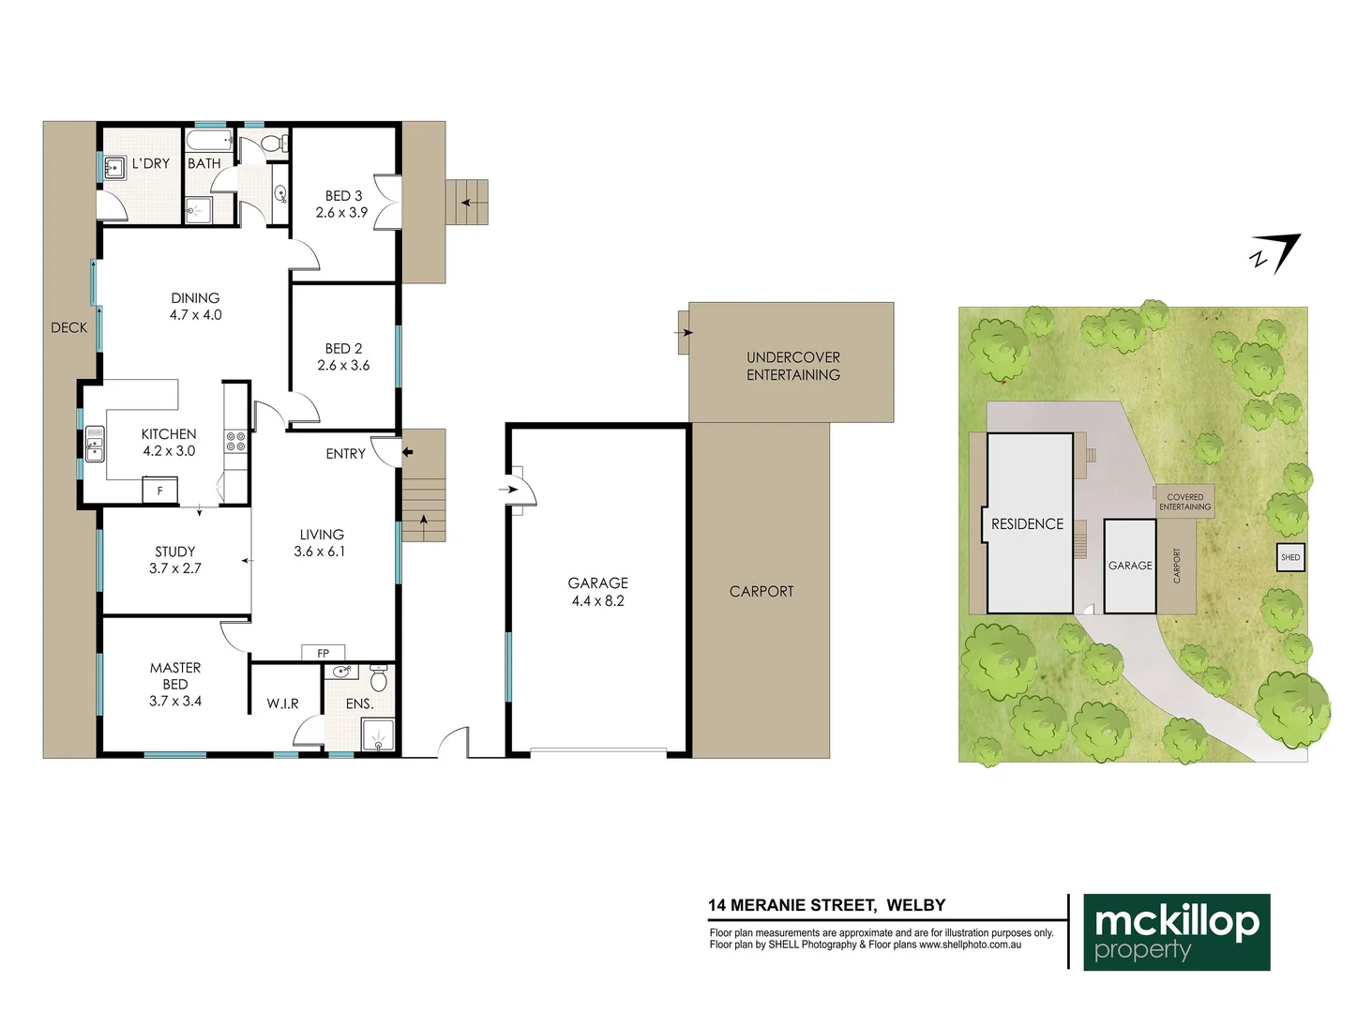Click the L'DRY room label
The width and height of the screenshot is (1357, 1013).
coord(150,163)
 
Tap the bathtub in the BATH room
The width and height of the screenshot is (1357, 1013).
coord(208,142)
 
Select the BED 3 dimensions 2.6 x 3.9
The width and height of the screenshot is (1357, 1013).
coord(341,213)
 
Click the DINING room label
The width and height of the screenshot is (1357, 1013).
coord(195,298)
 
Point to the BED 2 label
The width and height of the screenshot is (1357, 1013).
coord(343,348)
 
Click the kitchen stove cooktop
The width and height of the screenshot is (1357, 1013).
coord(235,441)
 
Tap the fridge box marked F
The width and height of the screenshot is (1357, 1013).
coord(159,491)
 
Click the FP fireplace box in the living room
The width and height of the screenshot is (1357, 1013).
coord(324,653)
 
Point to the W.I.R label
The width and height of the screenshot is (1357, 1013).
coord(282,703)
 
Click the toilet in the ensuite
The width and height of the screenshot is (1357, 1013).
coord(379,678)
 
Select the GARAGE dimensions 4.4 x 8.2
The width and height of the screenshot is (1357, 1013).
coord(597,601)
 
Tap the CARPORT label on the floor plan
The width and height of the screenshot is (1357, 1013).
coord(761,591)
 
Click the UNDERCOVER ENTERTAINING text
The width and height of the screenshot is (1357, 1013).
coord(792,366)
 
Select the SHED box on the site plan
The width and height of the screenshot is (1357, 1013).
coord(1290,557)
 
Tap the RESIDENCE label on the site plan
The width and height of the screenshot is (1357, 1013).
coord(1027,524)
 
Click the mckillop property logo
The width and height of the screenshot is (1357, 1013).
coord(1176,931)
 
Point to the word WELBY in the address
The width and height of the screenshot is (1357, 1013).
coord(915,905)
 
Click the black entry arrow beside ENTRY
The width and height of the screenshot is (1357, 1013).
coord(407,452)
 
